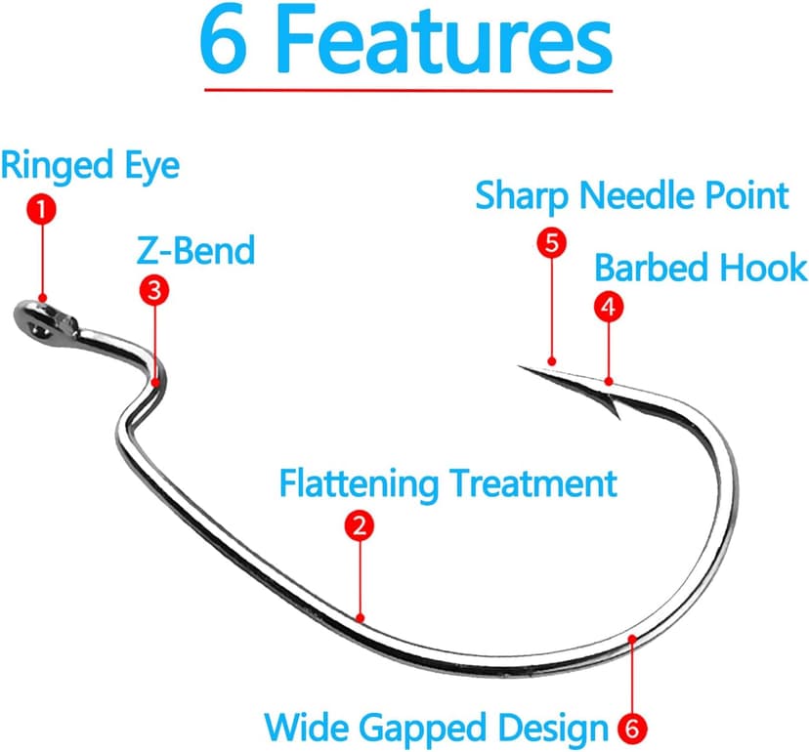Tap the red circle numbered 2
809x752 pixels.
(360, 526)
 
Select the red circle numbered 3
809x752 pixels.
(153, 289)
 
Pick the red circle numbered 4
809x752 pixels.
(608, 307)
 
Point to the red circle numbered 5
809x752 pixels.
(552, 243)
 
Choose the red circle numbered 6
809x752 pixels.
(632, 727)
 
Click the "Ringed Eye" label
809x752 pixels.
(90, 165)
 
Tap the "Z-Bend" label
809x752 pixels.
(195, 251)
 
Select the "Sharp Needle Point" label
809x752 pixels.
(631, 195)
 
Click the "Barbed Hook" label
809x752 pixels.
(701, 267)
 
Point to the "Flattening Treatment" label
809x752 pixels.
(448, 483)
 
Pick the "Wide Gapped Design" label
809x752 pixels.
(437, 727)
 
